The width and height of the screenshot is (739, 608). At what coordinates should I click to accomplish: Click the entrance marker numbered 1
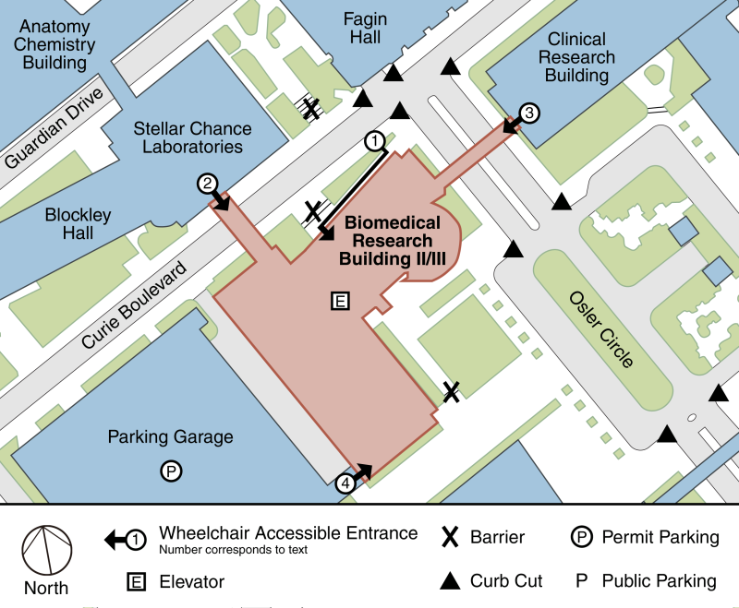coord(374,141)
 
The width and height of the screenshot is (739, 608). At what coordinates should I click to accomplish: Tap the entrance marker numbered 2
coord(207,184)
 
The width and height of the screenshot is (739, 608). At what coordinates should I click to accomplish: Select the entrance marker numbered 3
coord(528,113)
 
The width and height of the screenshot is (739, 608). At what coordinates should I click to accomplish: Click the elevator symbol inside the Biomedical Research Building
coord(340,300)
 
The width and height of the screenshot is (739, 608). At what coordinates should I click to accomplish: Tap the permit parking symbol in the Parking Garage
coord(171,471)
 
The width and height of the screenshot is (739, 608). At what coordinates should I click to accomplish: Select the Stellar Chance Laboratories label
coord(188,137)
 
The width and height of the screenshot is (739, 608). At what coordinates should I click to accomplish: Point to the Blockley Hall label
coord(79,224)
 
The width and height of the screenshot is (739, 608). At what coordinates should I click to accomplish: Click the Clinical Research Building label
coord(576,57)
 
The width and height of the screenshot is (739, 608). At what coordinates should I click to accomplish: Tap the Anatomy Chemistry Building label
coord(55,44)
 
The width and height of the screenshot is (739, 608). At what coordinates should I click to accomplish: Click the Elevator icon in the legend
coord(135,582)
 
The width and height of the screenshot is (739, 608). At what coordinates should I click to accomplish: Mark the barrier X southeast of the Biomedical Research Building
coord(451,392)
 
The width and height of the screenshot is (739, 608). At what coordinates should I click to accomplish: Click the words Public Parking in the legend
coord(659,581)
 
